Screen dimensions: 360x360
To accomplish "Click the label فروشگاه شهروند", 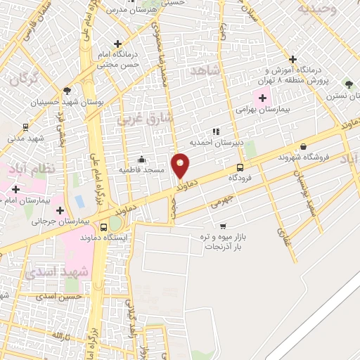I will click(303, 157).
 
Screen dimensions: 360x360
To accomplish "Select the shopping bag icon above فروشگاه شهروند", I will click(303, 146).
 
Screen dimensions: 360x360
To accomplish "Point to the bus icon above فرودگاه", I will click(240, 167).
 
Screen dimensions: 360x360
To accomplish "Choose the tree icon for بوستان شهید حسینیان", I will click(67, 91).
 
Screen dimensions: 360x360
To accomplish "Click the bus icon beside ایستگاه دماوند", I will click(104, 227).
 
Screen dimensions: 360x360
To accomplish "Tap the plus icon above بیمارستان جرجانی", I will click(60, 210).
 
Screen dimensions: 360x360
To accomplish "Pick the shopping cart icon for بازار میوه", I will click(223, 226).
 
